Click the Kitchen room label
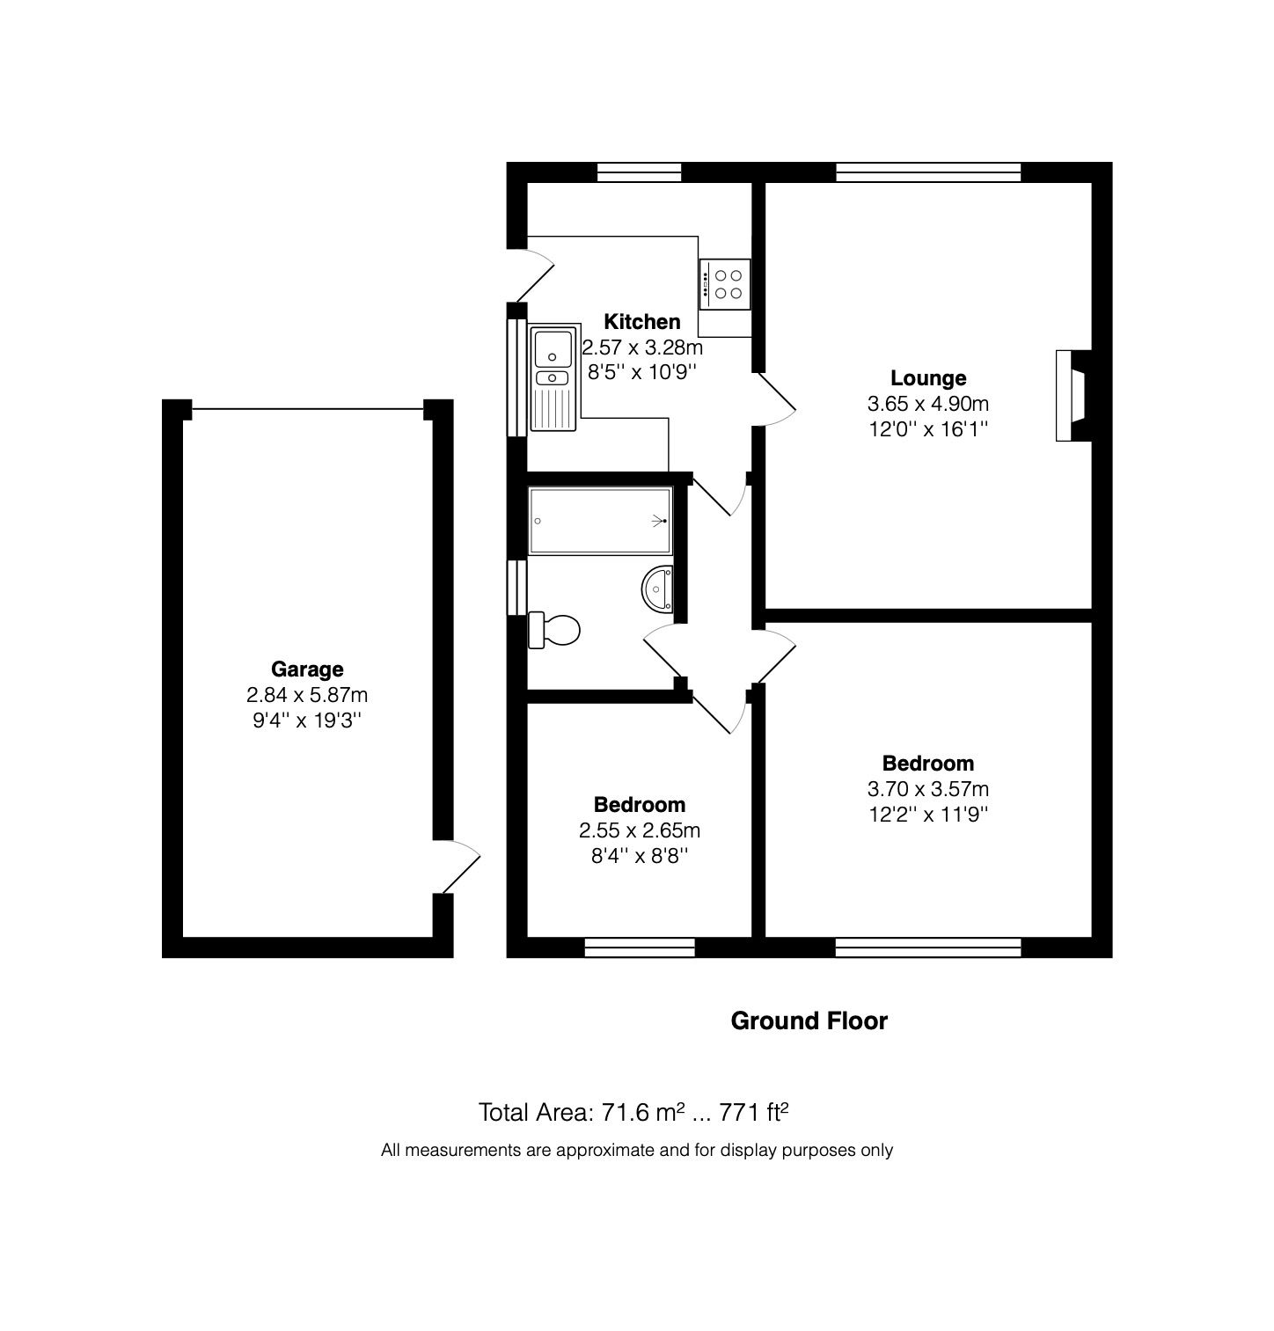click(x=641, y=322)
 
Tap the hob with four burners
click(x=725, y=283)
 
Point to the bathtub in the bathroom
click(x=600, y=521)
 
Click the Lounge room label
click(x=928, y=378)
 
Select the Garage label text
click(x=306, y=669)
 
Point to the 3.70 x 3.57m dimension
click(x=928, y=789)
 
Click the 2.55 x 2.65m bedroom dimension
click(x=640, y=830)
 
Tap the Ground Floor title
click(x=809, y=1020)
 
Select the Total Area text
click(x=632, y=1113)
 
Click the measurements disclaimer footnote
click(x=636, y=1150)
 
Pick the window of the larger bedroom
click(x=927, y=947)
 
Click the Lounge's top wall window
click(x=927, y=172)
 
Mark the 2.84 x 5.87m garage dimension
click(x=306, y=695)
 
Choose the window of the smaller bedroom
click(x=639, y=947)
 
